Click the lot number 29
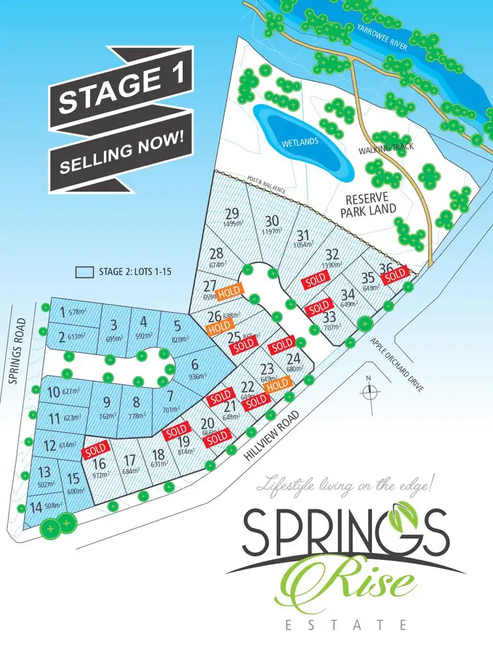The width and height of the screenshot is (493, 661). tap(231, 213)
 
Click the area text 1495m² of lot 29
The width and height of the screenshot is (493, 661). tap(233, 223)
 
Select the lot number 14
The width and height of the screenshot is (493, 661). tap(34, 507)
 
